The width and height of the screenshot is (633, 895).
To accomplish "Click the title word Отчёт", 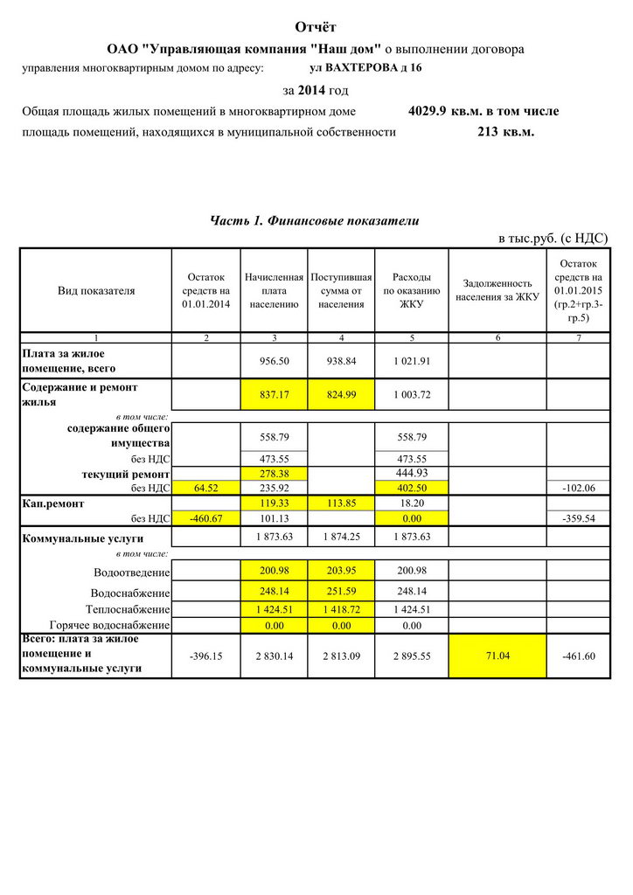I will point(316,29).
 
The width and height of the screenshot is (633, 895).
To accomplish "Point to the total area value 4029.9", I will point(427,112).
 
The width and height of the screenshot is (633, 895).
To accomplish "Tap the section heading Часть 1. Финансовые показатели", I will point(315,221).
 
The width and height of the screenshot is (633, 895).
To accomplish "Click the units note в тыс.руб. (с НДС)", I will point(553,238).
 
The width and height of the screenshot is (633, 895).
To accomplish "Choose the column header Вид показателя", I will point(96,291).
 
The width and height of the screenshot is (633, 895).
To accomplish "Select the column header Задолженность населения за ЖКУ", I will point(497,290).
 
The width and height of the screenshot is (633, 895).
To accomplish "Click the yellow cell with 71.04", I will point(497,655).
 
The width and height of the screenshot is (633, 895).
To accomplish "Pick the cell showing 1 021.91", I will point(411,360).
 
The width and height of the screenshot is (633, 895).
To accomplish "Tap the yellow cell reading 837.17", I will point(275,395).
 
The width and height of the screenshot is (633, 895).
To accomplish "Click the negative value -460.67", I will point(206,518).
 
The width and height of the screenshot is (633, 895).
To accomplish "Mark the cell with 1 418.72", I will point(341,609).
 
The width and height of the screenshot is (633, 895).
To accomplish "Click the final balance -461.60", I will point(578,656).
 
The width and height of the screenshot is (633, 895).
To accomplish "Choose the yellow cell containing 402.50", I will point(411,487).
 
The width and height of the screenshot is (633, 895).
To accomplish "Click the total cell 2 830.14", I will point(275,656).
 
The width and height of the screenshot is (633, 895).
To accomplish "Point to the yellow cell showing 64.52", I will point(206,487).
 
